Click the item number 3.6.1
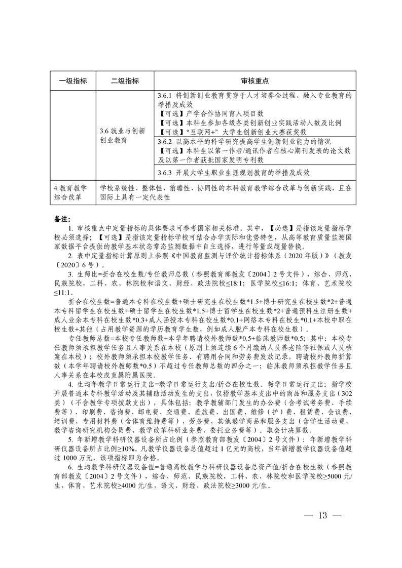click(x=165, y=95)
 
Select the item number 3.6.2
click(x=165, y=141)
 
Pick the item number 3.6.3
click(x=165, y=173)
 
